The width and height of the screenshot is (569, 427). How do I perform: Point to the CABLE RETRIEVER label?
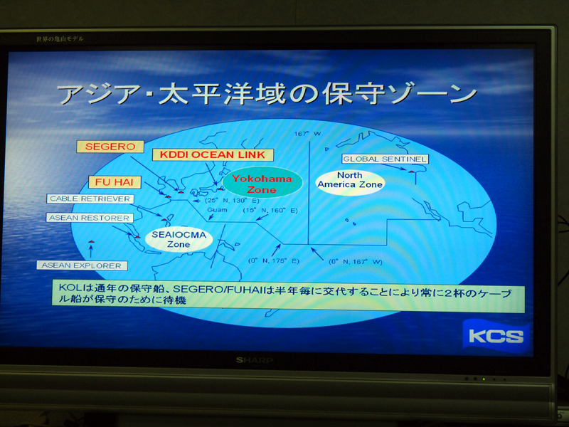pos(90,199)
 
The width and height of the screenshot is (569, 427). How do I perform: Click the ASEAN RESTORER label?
pos(90,218)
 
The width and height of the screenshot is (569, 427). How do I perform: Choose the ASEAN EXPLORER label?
pos(82,265)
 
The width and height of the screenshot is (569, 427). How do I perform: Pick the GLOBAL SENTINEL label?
pos(385,159)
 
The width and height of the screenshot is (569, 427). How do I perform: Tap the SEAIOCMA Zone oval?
pos(179,238)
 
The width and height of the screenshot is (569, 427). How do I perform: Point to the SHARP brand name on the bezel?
pos(254,360)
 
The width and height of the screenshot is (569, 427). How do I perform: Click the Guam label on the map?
pos(217,211)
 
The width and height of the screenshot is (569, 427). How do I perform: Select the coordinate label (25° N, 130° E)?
pos(211,201)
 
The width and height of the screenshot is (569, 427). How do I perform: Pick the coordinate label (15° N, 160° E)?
pos(270,211)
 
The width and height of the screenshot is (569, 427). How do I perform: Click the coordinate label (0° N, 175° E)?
pos(275,260)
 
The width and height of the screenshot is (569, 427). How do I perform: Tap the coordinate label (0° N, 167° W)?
pos(357,261)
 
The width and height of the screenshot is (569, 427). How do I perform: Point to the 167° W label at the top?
pos(308,134)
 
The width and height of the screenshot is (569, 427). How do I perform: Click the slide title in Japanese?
pos(267,93)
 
